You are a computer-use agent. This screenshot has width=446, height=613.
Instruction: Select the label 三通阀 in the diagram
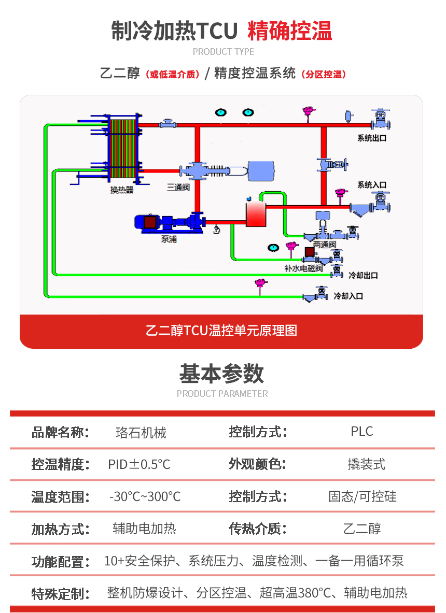[x=177, y=188]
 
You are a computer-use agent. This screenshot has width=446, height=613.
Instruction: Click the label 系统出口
[x=371, y=138]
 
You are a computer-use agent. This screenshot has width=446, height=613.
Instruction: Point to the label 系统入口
[x=371, y=185]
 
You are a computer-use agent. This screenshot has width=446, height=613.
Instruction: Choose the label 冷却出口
[x=363, y=275]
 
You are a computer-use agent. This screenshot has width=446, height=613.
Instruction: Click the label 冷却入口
[x=348, y=296]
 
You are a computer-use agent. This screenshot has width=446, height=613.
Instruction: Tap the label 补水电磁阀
[x=303, y=268]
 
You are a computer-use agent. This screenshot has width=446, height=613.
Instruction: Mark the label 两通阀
[x=325, y=244]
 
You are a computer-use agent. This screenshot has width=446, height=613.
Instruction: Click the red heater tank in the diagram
[x=255, y=214]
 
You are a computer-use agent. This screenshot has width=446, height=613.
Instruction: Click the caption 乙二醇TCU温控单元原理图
[x=221, y=331]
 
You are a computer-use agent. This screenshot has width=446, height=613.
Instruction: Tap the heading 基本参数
[x=221, y=374]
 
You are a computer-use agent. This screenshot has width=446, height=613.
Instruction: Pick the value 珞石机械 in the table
[x=141, y=432]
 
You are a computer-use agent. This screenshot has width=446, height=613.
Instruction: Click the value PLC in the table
[x=361, y=432]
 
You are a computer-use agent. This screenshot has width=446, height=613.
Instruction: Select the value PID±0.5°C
[x=139, y=464]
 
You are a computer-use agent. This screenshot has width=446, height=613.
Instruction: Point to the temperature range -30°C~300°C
[x=145, y=497]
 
